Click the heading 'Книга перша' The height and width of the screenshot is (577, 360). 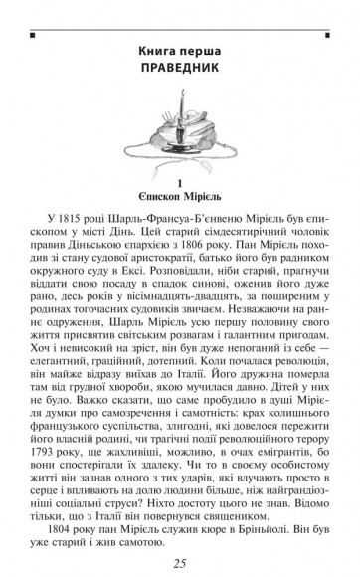point(179,50)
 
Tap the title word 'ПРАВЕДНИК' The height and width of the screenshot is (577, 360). point(179,67)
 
